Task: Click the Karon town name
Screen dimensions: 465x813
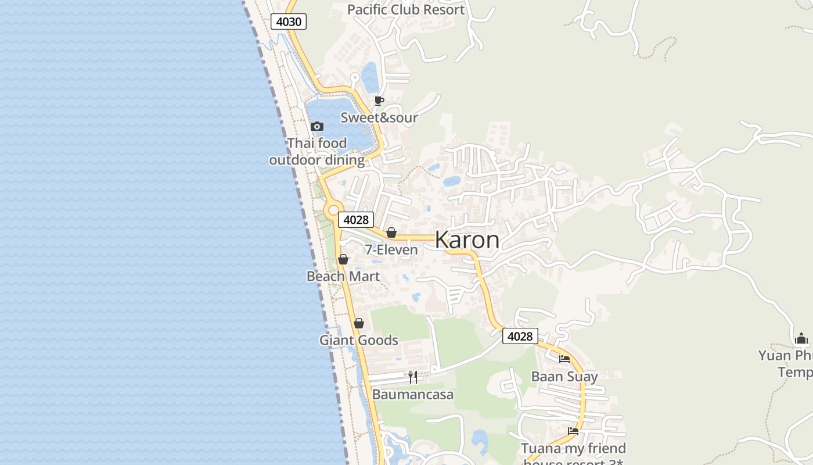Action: tap(467, 239)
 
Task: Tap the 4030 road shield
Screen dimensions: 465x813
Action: tap(289, 22)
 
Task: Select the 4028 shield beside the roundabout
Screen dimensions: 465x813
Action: tap(356, 220)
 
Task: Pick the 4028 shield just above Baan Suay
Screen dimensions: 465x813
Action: tap(520, 336)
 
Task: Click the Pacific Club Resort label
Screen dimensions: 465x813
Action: tap(406, 9)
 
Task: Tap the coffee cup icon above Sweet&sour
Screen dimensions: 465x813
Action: tap(379, 101)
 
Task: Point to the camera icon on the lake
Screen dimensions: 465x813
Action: tap(316, 126)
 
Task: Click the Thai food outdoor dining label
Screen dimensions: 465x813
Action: tap(317, 151)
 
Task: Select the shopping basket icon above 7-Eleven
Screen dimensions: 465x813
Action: tap(391, 233)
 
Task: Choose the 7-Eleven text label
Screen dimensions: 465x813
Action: tap(391, 250)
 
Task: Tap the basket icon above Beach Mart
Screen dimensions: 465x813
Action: tap(343, 259)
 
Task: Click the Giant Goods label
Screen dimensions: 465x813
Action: tap(359, 340)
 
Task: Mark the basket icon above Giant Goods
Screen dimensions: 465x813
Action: tap(359, 323)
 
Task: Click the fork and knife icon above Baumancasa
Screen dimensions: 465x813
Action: tap(413, 377)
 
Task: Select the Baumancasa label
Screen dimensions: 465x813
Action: tap(413, 395)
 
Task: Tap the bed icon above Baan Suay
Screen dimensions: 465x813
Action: tap(564, 359)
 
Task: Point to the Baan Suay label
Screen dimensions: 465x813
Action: tap(564, 377)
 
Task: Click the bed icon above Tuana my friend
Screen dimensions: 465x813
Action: tap(573, 431)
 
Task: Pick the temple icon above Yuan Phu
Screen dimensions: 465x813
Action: tap(801, 338)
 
